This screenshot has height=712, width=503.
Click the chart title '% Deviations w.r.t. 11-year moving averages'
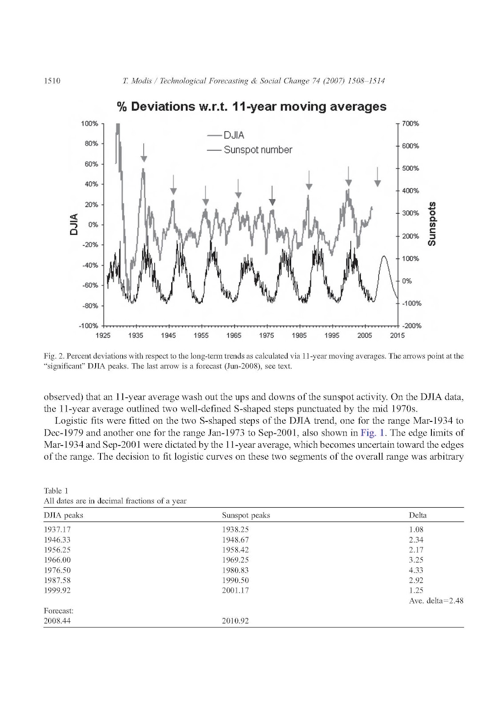click(251, 107)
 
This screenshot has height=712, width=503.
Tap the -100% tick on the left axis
click(89, 326)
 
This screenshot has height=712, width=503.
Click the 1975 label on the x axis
click(266, 336)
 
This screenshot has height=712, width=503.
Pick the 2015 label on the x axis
click(397, 336)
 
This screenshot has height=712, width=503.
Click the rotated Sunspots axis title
click(431, 224)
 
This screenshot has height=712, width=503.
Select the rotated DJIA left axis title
click(74, 224)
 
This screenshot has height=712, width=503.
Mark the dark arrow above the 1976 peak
click(272, 196)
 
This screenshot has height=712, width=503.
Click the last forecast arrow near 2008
click(377, 177)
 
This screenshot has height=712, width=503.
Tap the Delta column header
click(417, 515)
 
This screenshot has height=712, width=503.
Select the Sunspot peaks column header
click(246, 515)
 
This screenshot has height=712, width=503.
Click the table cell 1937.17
click(57, 530)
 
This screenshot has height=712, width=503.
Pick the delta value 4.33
click(416, 570)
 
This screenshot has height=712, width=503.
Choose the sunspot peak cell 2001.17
click(235, 591)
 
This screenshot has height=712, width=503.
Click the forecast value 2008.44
click(57, 621)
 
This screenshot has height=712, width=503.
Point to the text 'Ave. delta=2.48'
click(436, 601)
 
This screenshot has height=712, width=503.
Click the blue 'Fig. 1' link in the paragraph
click(372, 433)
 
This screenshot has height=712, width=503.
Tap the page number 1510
click(52, 81)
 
